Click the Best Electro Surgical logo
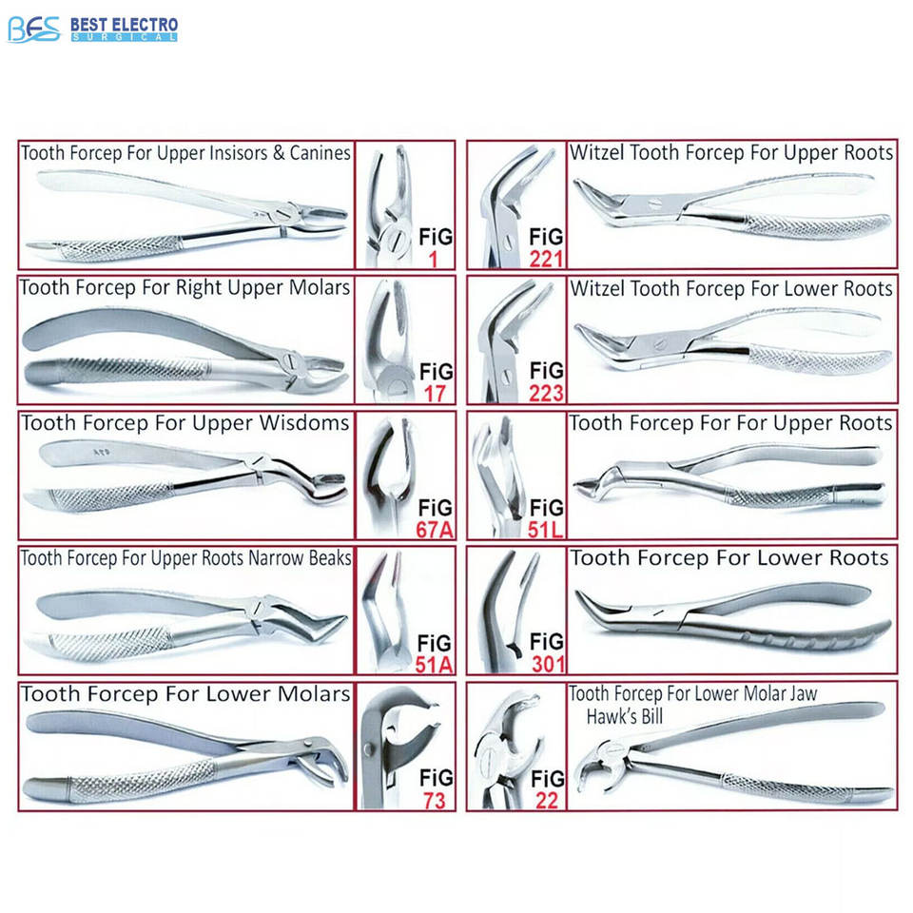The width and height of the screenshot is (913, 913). click(91, 29)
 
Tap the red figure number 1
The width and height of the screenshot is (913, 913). click(433, 257)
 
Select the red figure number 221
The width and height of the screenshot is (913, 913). click(547, 258)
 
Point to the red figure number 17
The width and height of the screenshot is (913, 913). click(433, 392)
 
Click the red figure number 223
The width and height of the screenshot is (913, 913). click(547, 392)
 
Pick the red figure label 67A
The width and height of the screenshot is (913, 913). click(433, 529)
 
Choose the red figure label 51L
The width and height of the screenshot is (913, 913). click(547, 529)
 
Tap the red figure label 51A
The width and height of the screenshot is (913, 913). click(433, 664)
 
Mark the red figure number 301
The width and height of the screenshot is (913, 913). click(547, 664)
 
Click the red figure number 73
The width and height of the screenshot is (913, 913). click(433, 800)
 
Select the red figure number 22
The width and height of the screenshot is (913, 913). click(547, 800)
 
